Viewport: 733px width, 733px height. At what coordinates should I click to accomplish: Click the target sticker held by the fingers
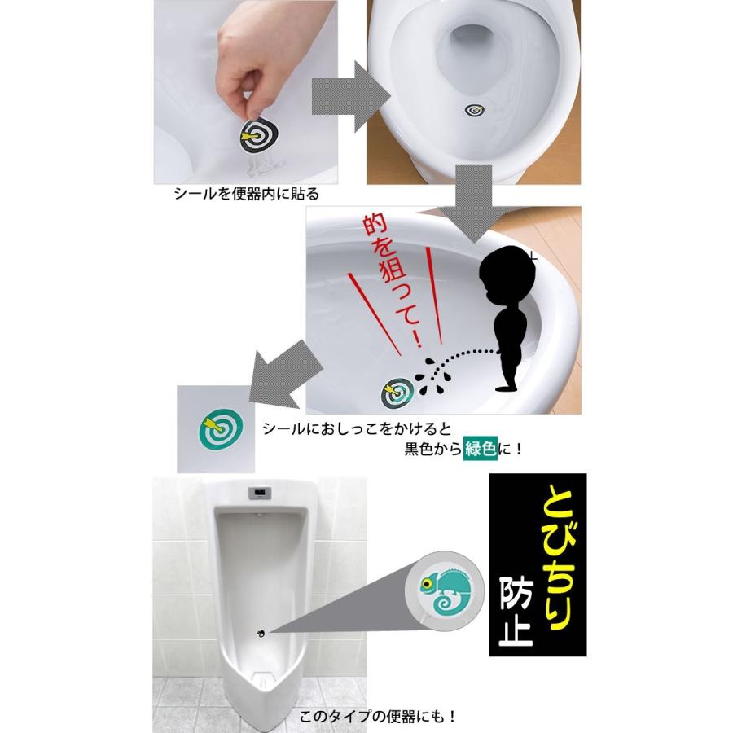pyautogui.click(x=258, y=136)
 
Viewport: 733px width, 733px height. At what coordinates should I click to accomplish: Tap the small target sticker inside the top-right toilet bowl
pyautogui.click(x=475, y=110)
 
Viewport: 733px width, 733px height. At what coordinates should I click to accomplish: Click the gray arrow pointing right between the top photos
pyautogui.click(x=350, y=97)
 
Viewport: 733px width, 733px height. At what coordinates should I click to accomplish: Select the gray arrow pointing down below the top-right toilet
pyautogui.click(x=472, y=204)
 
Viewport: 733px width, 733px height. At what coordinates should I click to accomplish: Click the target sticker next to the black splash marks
pyautogui.click(x=397, y=392)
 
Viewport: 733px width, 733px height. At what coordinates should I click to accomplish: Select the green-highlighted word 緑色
pyautogui.click(x=480, y=448)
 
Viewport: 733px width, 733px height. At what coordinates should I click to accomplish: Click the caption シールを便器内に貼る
pyautogui.click(x=246, y=194)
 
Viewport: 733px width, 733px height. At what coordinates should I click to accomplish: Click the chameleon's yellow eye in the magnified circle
pyautogui.click(x=426, y=583)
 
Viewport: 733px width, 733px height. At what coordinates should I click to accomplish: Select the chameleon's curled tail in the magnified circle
pyautogui.click(x=447, y=603)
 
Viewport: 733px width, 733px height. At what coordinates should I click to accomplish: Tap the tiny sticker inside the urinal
pyautogui.click(x=261, y=634)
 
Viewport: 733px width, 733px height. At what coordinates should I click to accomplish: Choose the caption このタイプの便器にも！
pyautogui.click(x=378, y=716)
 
